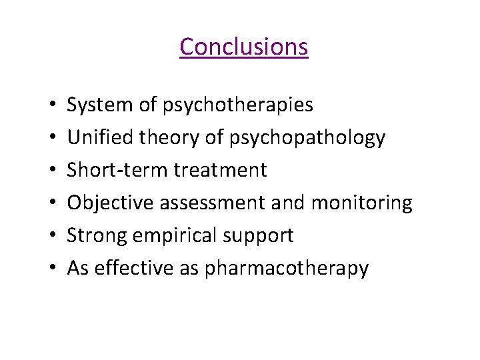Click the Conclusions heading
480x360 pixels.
coord(243,47)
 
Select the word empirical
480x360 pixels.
coord(173,236)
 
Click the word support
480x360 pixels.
coord(260,236)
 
